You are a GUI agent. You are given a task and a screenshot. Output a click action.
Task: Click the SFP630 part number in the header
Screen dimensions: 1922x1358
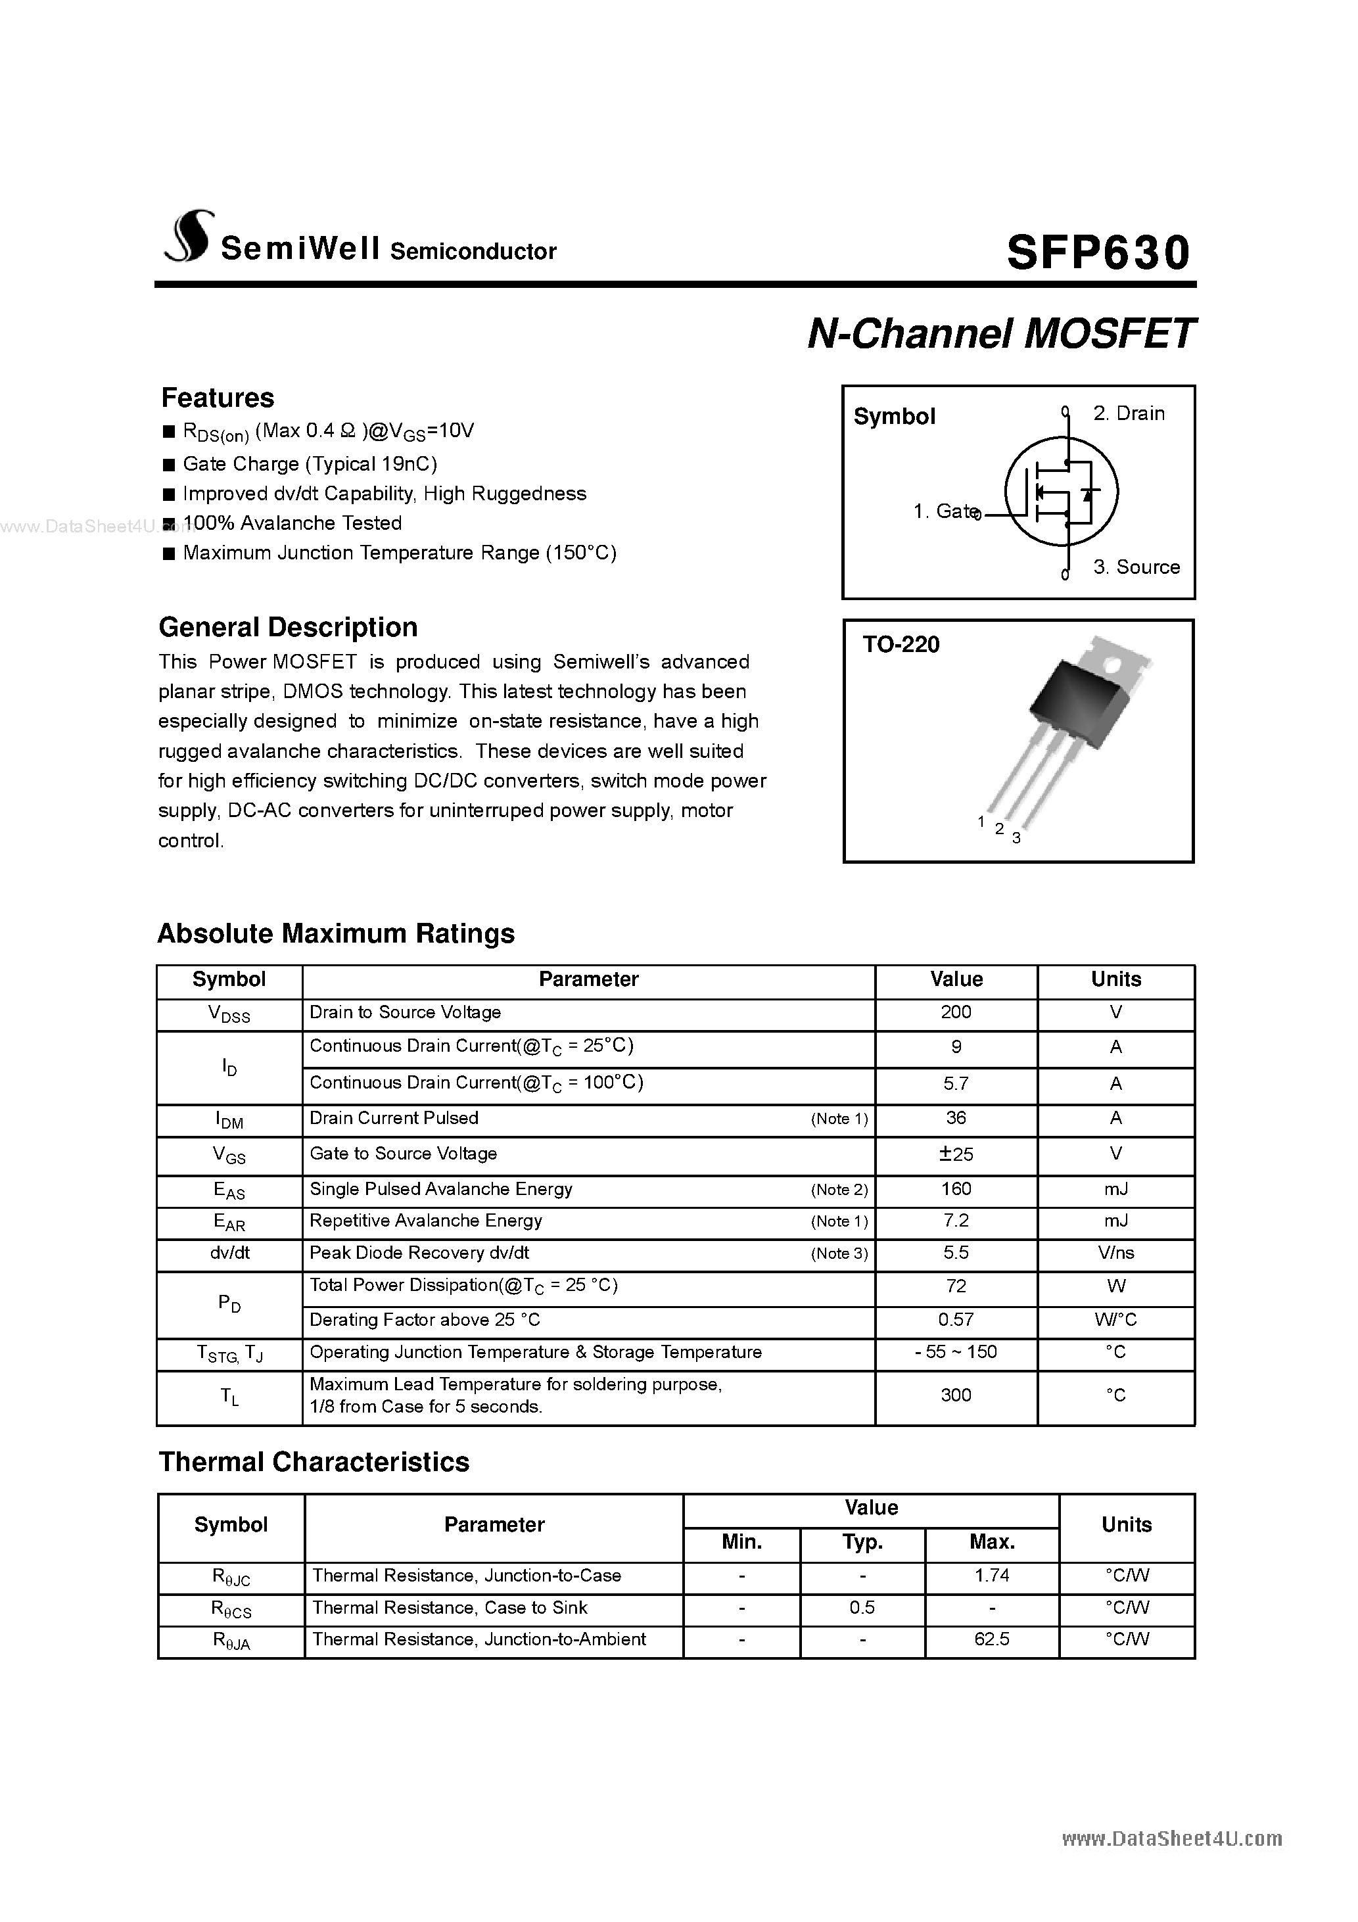[1098, 253]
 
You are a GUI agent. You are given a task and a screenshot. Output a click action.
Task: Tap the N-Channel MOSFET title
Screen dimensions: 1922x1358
[1000, 334]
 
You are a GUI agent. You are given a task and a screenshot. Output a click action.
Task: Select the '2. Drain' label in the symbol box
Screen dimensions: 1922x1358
[1129, 413]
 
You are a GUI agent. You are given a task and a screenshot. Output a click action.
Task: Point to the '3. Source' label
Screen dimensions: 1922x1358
[1136, 567]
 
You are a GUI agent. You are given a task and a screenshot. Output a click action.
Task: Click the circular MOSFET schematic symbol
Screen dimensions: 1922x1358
[1061, 492]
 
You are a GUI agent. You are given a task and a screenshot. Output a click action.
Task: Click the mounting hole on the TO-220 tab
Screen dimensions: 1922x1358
[1113, 667]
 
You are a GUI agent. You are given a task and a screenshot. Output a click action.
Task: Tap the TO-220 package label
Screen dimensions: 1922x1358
[901, 645]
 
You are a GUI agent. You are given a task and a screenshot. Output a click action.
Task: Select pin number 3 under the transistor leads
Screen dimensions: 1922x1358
[1016, 838]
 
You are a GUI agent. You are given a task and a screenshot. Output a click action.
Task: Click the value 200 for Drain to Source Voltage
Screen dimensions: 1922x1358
[955, 1012]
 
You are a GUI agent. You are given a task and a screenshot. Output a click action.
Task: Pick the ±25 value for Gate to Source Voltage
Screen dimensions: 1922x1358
[955, 1154]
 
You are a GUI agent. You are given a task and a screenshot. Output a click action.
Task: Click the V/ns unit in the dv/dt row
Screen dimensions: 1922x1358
[1115, 1253]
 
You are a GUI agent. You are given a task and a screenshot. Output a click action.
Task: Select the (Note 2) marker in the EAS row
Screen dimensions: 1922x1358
[839, 1190]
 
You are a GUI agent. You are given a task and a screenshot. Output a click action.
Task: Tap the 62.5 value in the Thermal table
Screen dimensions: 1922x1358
[991, 1639]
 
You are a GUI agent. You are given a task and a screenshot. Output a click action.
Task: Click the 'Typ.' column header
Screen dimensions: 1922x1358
[862, 1542]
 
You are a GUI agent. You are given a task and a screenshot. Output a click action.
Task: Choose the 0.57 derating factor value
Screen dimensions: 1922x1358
[955, 1320]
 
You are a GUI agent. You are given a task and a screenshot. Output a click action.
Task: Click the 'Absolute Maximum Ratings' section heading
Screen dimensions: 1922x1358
[336, 933]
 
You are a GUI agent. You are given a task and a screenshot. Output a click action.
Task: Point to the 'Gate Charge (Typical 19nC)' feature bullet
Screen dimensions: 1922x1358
[310, 464]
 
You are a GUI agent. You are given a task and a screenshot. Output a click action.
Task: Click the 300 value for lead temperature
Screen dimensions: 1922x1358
[955, 1395]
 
